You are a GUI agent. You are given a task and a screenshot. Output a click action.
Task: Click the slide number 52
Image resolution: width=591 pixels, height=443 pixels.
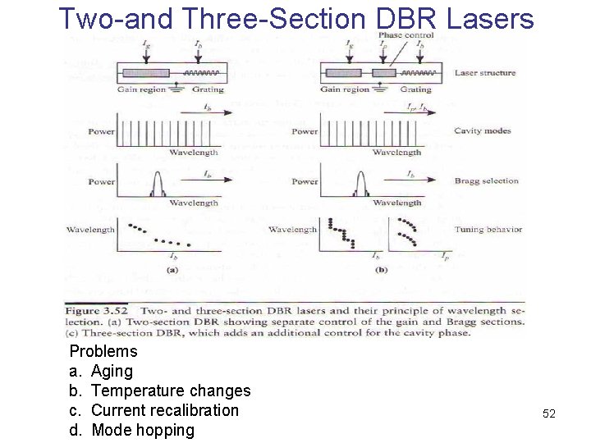coord(549,414)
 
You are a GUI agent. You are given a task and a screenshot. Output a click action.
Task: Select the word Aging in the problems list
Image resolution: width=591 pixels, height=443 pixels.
coord(112,372)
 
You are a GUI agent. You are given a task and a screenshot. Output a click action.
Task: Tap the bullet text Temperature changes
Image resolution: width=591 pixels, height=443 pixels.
coord(171,390)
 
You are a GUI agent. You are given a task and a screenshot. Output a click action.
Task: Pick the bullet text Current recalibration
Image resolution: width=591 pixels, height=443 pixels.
coord(165,410)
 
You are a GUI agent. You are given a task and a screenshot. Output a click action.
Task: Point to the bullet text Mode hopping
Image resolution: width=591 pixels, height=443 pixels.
coord(143,430)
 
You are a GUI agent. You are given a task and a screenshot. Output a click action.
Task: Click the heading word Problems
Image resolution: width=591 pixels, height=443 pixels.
coord(103,351)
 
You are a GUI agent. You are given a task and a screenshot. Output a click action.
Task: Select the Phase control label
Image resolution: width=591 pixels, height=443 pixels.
coord(405,35)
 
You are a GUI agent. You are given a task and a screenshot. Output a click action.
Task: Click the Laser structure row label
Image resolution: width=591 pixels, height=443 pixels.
coord(485,73)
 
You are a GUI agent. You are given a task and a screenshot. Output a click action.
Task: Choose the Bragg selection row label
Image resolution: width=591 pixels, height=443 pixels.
coord(487,181)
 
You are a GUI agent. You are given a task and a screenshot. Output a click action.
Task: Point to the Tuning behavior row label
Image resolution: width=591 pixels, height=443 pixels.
coord(488,230)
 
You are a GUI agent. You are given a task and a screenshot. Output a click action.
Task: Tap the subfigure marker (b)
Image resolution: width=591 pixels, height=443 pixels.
coord(381,269)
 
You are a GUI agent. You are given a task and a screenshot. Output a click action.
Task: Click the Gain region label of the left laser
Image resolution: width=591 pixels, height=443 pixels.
coord(141,89)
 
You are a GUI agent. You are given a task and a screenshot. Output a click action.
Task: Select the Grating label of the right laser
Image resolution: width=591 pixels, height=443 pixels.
coord(416,89)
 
